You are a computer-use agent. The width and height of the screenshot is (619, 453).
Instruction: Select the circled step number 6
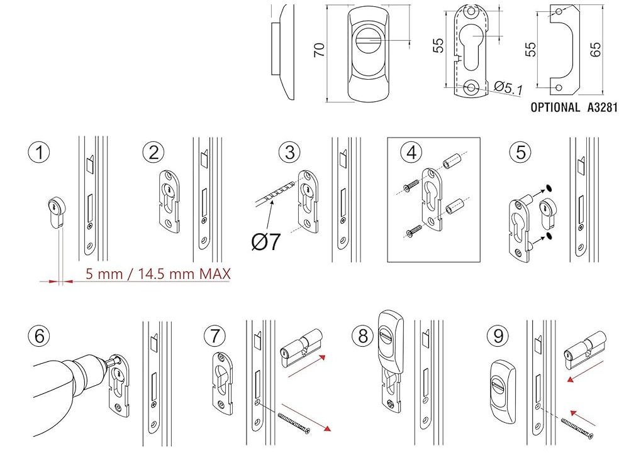pos(40,336)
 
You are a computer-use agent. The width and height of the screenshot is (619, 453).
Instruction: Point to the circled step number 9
pos(499,336)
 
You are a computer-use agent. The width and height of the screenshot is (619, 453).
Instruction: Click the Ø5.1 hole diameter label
pos(508,88)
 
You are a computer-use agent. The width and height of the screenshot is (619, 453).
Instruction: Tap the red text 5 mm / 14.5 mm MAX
pos(157,273)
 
